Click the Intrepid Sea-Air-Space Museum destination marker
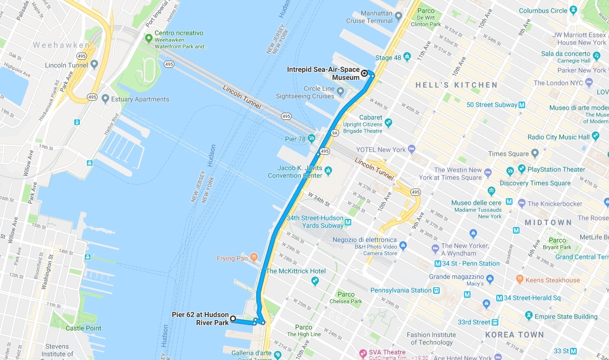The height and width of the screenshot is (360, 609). tap(364, 73)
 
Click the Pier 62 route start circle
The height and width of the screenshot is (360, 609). tap(233, 318)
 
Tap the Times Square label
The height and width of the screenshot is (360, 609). tap(508, 154)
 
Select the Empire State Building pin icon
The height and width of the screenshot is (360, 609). tap(529, 316)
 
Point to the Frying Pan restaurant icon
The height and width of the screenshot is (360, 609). tap(254, 258)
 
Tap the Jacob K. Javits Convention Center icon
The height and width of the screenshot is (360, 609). tap(329, 170)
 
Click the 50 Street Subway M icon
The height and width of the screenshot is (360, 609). tap(522, 105)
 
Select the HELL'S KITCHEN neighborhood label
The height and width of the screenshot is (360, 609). tap(456, 85)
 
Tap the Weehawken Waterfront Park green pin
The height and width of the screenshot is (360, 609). tap(149, 38)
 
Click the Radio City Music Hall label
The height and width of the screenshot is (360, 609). tap(558, 137)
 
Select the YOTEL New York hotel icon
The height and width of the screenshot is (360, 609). tap(411, 149)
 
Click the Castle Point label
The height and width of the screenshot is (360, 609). tap(83, 328)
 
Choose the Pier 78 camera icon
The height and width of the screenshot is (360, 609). tap(312, 138)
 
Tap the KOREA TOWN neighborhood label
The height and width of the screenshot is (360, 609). tap(514, 334)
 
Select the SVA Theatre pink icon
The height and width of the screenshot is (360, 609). tap(362, 352)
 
